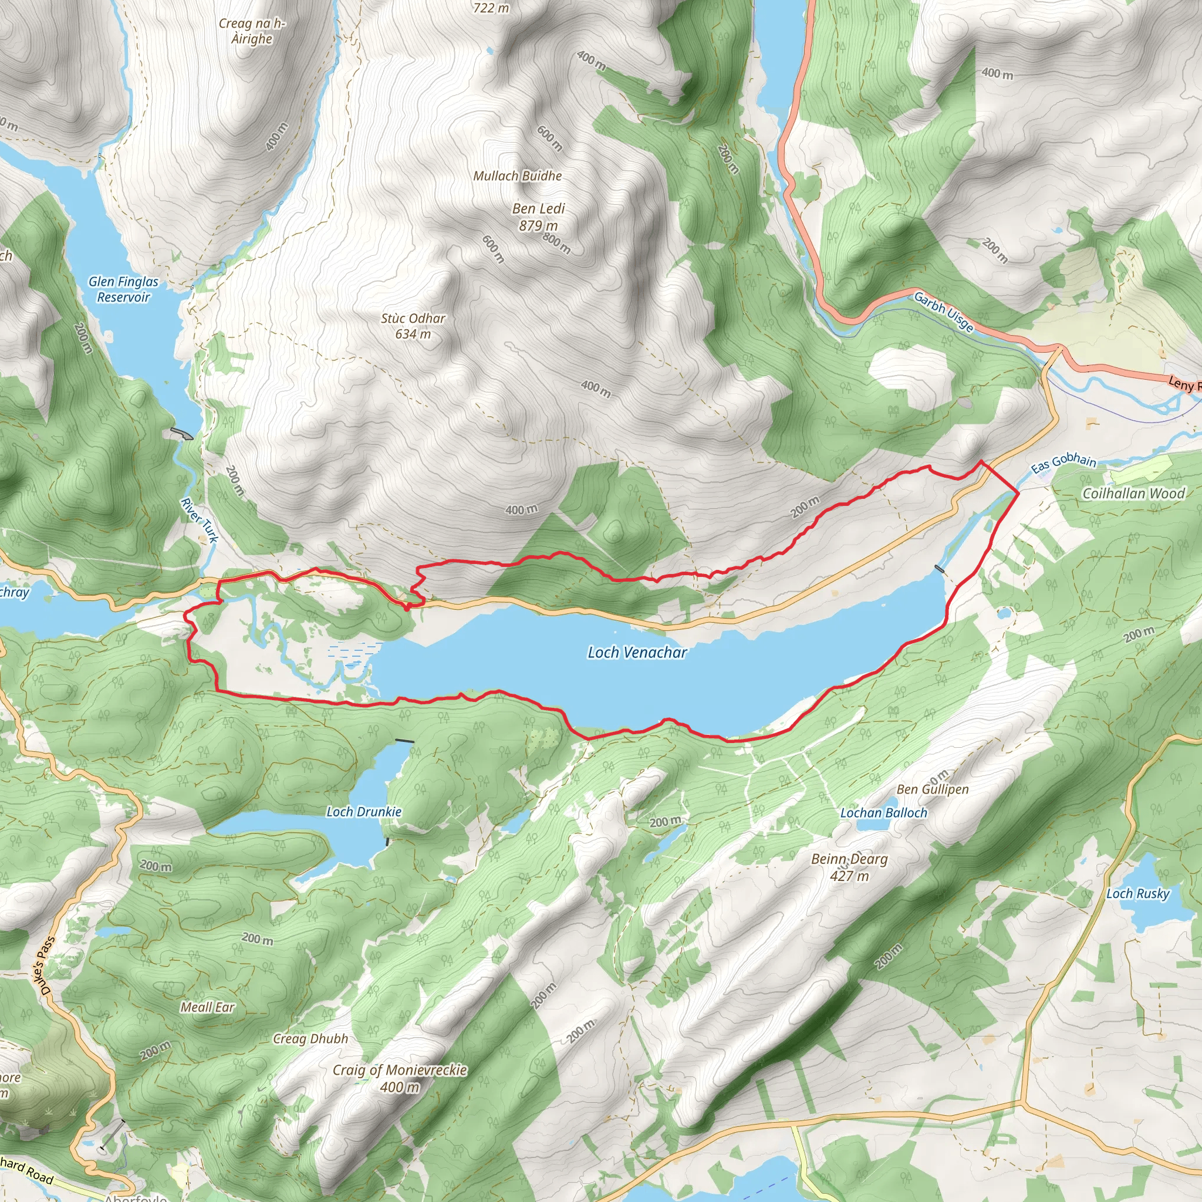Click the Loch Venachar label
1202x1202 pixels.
(x=637, y=652)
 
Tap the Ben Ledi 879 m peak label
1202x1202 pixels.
(x=539, y=217)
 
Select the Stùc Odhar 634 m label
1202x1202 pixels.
(x=413, y=326)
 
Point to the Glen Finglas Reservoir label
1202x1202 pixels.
(x=123, y=289)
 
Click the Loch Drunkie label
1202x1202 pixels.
(x=364, y=812)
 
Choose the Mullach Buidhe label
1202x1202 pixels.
(x=518, y=176)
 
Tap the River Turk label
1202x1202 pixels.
(x=200, y=520)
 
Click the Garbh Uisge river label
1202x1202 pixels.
(x=943, y=312)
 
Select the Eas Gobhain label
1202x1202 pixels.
(x=1064, y=463)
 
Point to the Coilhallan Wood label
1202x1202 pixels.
(x=1133, y=494)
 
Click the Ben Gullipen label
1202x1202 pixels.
(x=933, y=789)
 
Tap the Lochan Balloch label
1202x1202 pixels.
(x=883, y=812)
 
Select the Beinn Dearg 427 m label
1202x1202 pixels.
(x=849, y=867)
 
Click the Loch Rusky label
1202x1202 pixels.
(x=1138, y=893)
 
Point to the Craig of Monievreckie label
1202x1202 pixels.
(x=400, y=1078)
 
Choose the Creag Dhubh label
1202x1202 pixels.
(x=310, y=1038)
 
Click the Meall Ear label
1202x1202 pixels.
(x=207, y=1007)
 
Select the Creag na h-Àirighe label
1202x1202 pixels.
(x=252, y=31)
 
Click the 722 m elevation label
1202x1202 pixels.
(x=491, y=8)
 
